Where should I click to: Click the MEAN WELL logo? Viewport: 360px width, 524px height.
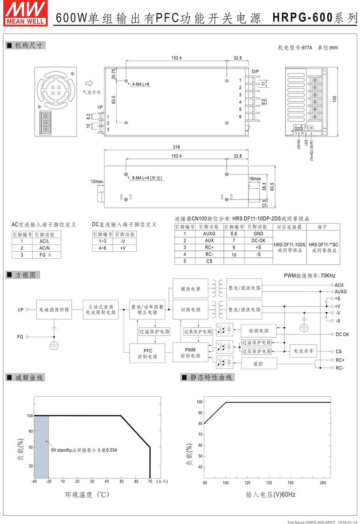click(25, 14)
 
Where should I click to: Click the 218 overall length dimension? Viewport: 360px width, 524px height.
click(176, 147)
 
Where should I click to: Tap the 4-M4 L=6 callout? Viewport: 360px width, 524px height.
click(141, 84)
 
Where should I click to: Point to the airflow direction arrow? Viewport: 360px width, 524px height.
click(89, 83)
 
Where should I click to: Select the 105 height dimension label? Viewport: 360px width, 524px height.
click(335, 99)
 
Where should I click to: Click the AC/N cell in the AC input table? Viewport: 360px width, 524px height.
click(44, 248)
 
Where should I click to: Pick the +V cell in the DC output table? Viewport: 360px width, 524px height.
click(123, 248)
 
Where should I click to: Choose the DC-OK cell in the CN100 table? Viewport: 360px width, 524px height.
click(258, 240)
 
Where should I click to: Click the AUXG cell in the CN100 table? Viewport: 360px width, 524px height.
click(209, 234)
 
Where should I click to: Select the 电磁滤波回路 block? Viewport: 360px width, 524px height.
click(54, 310)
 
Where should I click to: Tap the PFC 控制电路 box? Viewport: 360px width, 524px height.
click(147, 353)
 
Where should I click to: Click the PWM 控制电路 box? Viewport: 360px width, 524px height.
click(190, 352)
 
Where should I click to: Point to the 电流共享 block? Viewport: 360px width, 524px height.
click(304, 351)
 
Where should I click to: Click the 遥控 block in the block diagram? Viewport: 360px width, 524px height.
click(258, 364)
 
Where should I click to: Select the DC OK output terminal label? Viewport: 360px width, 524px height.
click(342, 334)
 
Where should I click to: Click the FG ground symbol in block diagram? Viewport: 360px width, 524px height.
click(54, 345)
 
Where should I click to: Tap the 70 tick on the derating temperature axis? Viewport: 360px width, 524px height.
click(150, 481)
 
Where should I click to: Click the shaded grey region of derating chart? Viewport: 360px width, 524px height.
click(42, 447)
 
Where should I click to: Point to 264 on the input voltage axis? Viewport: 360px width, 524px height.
click(323, 483)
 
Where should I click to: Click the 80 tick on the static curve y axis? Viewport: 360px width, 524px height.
click(200, 423)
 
